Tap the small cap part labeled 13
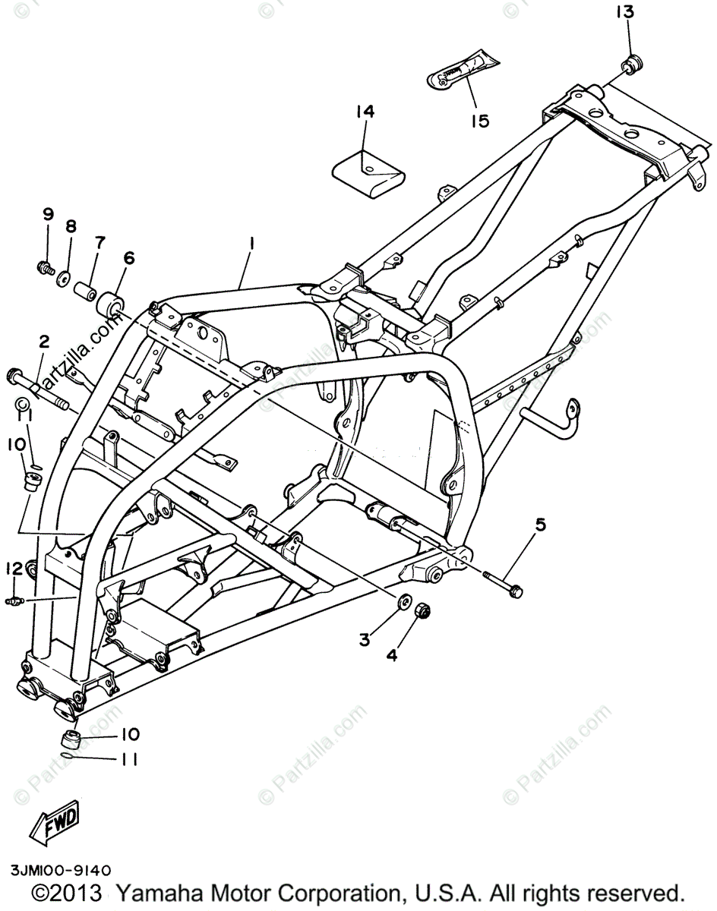click(632, 64)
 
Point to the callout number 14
click(365, 112)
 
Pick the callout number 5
click(540, 524)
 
